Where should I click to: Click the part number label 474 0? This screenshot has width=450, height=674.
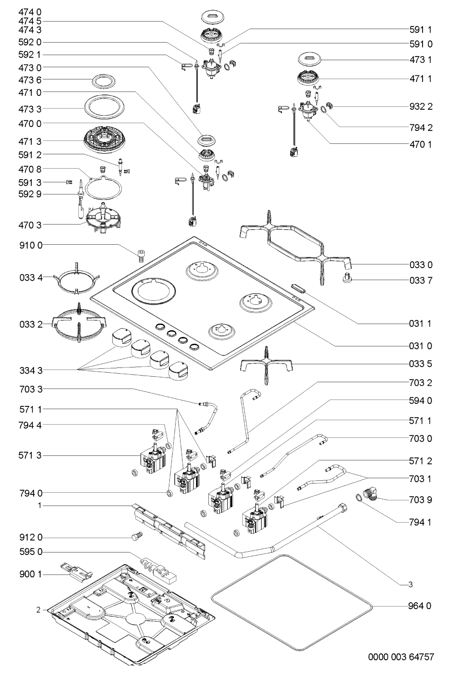30,13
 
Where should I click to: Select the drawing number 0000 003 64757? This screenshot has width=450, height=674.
400,657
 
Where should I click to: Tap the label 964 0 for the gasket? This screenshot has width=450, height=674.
420,606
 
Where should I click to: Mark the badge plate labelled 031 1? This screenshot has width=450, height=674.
300,288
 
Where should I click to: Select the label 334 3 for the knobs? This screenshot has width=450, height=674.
30,370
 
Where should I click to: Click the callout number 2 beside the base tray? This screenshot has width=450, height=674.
38,610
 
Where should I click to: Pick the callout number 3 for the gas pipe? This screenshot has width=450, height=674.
410,585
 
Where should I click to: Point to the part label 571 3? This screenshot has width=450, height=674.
30,455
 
